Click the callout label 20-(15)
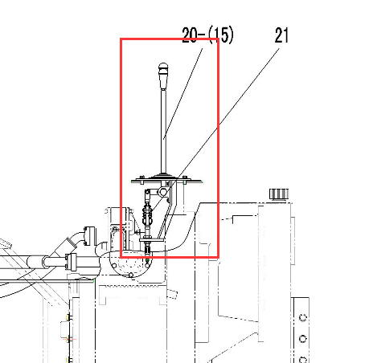pyautogui.click(x=207, y=35)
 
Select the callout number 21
pyautogui.click(x=281, y=35)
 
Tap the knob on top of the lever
pyautogui.click(x=163, y=76)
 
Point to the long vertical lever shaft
pyautogui.click(x=163, y=131)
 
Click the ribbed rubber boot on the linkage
pyautogui.click(x=147, y=214)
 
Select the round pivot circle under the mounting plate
pyautogui.click(x=162, y=191)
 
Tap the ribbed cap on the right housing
pyautogui.click(x=279, y=194)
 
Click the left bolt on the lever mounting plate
pyautogui.click(x=141, y=179)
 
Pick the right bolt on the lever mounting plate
pyautogui.click(x=185, y=179)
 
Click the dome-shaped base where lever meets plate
pyautogui.click(x=163, y=176)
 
